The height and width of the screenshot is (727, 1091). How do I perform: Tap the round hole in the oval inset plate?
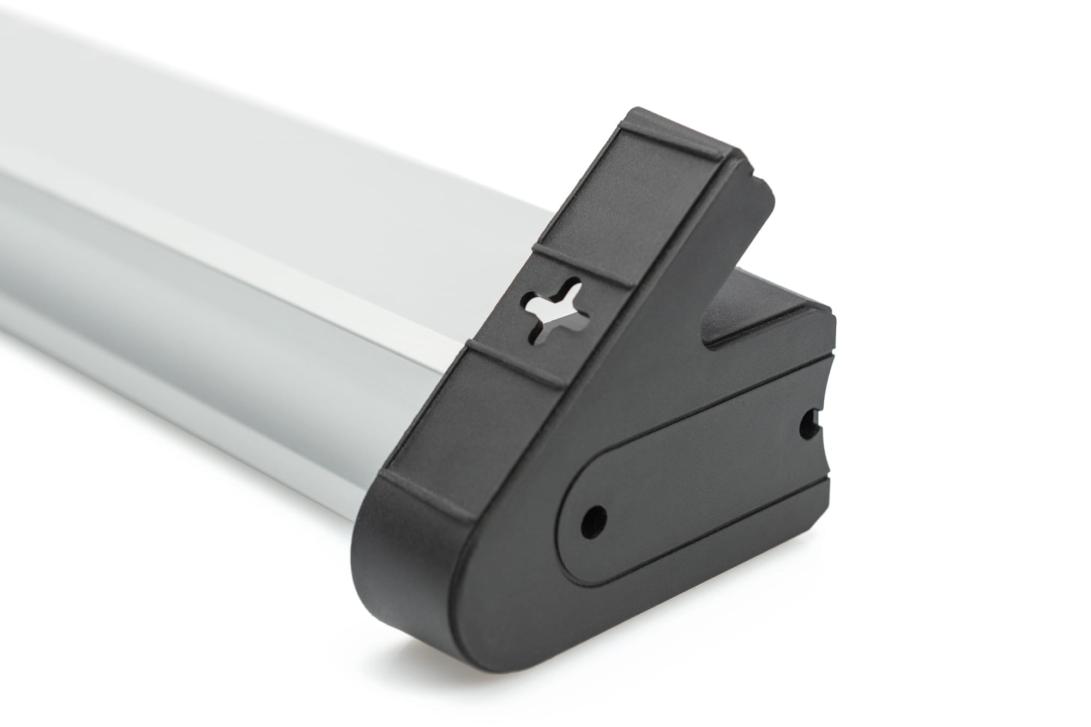pyautogui.click(x=594, y=515)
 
